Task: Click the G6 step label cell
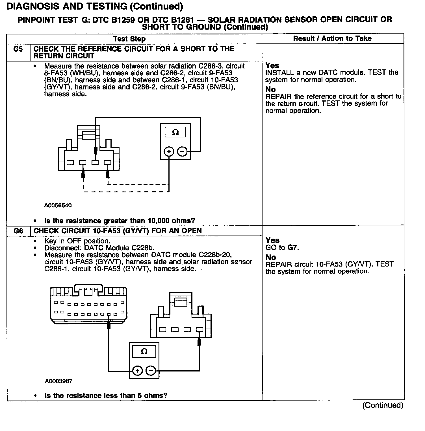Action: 18,231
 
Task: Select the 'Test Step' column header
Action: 129,39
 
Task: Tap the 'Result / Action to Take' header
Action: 332,39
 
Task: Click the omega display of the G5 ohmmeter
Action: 175,132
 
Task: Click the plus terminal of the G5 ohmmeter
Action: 169,152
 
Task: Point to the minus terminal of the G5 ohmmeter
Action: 182,152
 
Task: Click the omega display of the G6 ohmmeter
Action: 144,351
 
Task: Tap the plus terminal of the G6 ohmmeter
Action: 137,370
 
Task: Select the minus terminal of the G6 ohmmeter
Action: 151,370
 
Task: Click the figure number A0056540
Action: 58,205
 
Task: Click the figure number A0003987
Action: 58,381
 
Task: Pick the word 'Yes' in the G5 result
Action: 272,66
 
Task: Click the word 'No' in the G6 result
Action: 271,257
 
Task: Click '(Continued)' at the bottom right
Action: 383,405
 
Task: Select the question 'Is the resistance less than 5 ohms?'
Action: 106,395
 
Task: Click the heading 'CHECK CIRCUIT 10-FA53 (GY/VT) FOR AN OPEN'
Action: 118,231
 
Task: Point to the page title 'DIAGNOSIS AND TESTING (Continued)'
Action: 94,6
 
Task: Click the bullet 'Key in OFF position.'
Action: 77,241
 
